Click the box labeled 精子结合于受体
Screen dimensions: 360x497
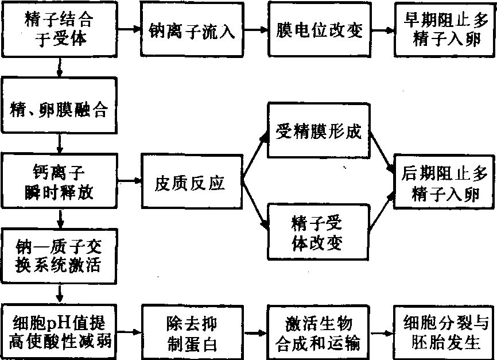60,30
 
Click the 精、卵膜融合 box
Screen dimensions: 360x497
60,110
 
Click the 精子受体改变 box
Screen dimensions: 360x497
317,233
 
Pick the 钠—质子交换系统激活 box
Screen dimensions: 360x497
60,256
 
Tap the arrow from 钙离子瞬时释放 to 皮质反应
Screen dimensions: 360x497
130,181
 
